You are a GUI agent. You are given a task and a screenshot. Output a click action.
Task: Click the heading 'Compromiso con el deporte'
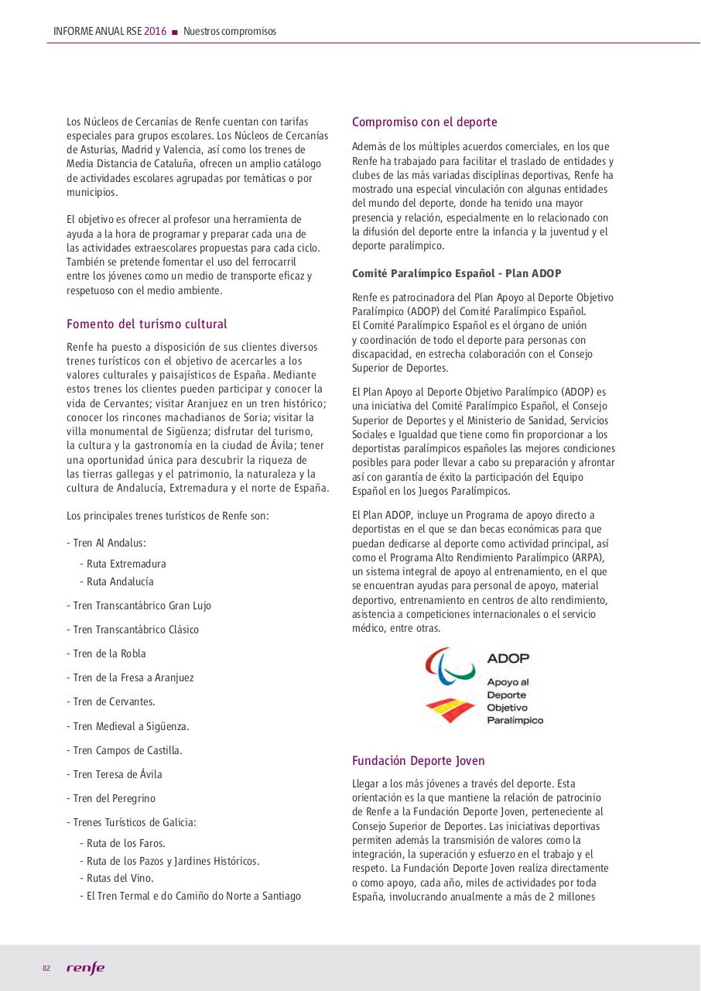(x=424, y=122)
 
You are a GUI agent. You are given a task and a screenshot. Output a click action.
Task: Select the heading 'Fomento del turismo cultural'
(x=147, y=324)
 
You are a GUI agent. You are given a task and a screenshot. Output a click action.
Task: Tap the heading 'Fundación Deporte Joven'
(x=418, y=760)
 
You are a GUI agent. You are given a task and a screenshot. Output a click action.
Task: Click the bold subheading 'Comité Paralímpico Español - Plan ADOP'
(x=457, y=273)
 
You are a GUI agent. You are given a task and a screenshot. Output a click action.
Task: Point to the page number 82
(x=46, y=969)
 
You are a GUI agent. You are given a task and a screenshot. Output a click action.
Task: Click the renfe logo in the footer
(x=85, y=969)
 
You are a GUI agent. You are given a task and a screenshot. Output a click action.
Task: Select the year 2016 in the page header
(x=156, y=31)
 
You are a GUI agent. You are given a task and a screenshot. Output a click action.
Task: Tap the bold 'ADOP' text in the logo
(x=508, y=659)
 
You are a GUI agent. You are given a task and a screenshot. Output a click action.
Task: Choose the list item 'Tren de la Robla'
(x=109, y=653)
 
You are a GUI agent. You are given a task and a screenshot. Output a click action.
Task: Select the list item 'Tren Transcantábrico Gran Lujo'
(x=142, y=605)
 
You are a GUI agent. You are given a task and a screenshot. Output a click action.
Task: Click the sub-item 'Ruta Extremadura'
(x=125, y=564)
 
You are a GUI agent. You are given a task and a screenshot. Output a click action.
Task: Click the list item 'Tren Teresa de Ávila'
(x=118, y=774)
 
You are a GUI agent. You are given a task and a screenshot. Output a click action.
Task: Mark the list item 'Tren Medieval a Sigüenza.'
(x=131, y=726)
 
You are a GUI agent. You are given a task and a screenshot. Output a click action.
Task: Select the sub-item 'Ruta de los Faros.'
(x=125, y=843)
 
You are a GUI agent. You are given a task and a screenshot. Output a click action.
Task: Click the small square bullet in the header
(x=175, y=32)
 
